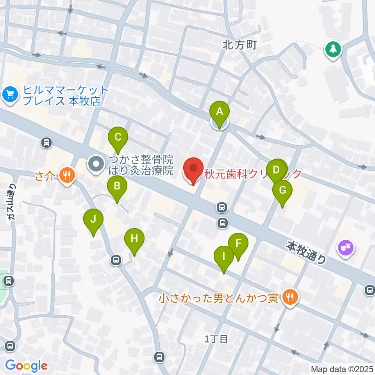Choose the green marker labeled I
pyautogui.click(x=224, y=257)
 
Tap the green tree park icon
pyautogui.click(x=333, y=50)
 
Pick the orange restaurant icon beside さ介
pyautogui.click(x=67, y=175)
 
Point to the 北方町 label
pyautogui.click(x=239, y=45)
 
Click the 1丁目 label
pyautogui.click(x=216, y=338)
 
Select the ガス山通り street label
pyautogui.click(x=13, y=202)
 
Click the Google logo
pyautogui.click(x=26, y=366)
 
